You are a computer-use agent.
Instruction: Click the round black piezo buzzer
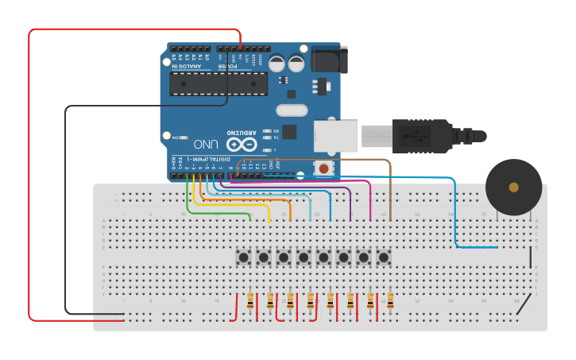[x=513, y=188]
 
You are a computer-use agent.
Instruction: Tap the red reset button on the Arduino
[x=323, y=168]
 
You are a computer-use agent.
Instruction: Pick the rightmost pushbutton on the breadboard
[x=384, y=257]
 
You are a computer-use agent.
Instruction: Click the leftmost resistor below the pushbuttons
[x=250, y=301]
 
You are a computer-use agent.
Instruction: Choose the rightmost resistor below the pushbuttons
[x=390, y=301]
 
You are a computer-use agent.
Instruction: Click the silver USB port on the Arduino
[x=335, y=135]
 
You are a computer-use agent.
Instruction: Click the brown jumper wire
[x=390, y=191]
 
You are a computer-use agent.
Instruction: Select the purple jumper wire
[x=350, y=203]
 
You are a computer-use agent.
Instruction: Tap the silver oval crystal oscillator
[x=291, y=110]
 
